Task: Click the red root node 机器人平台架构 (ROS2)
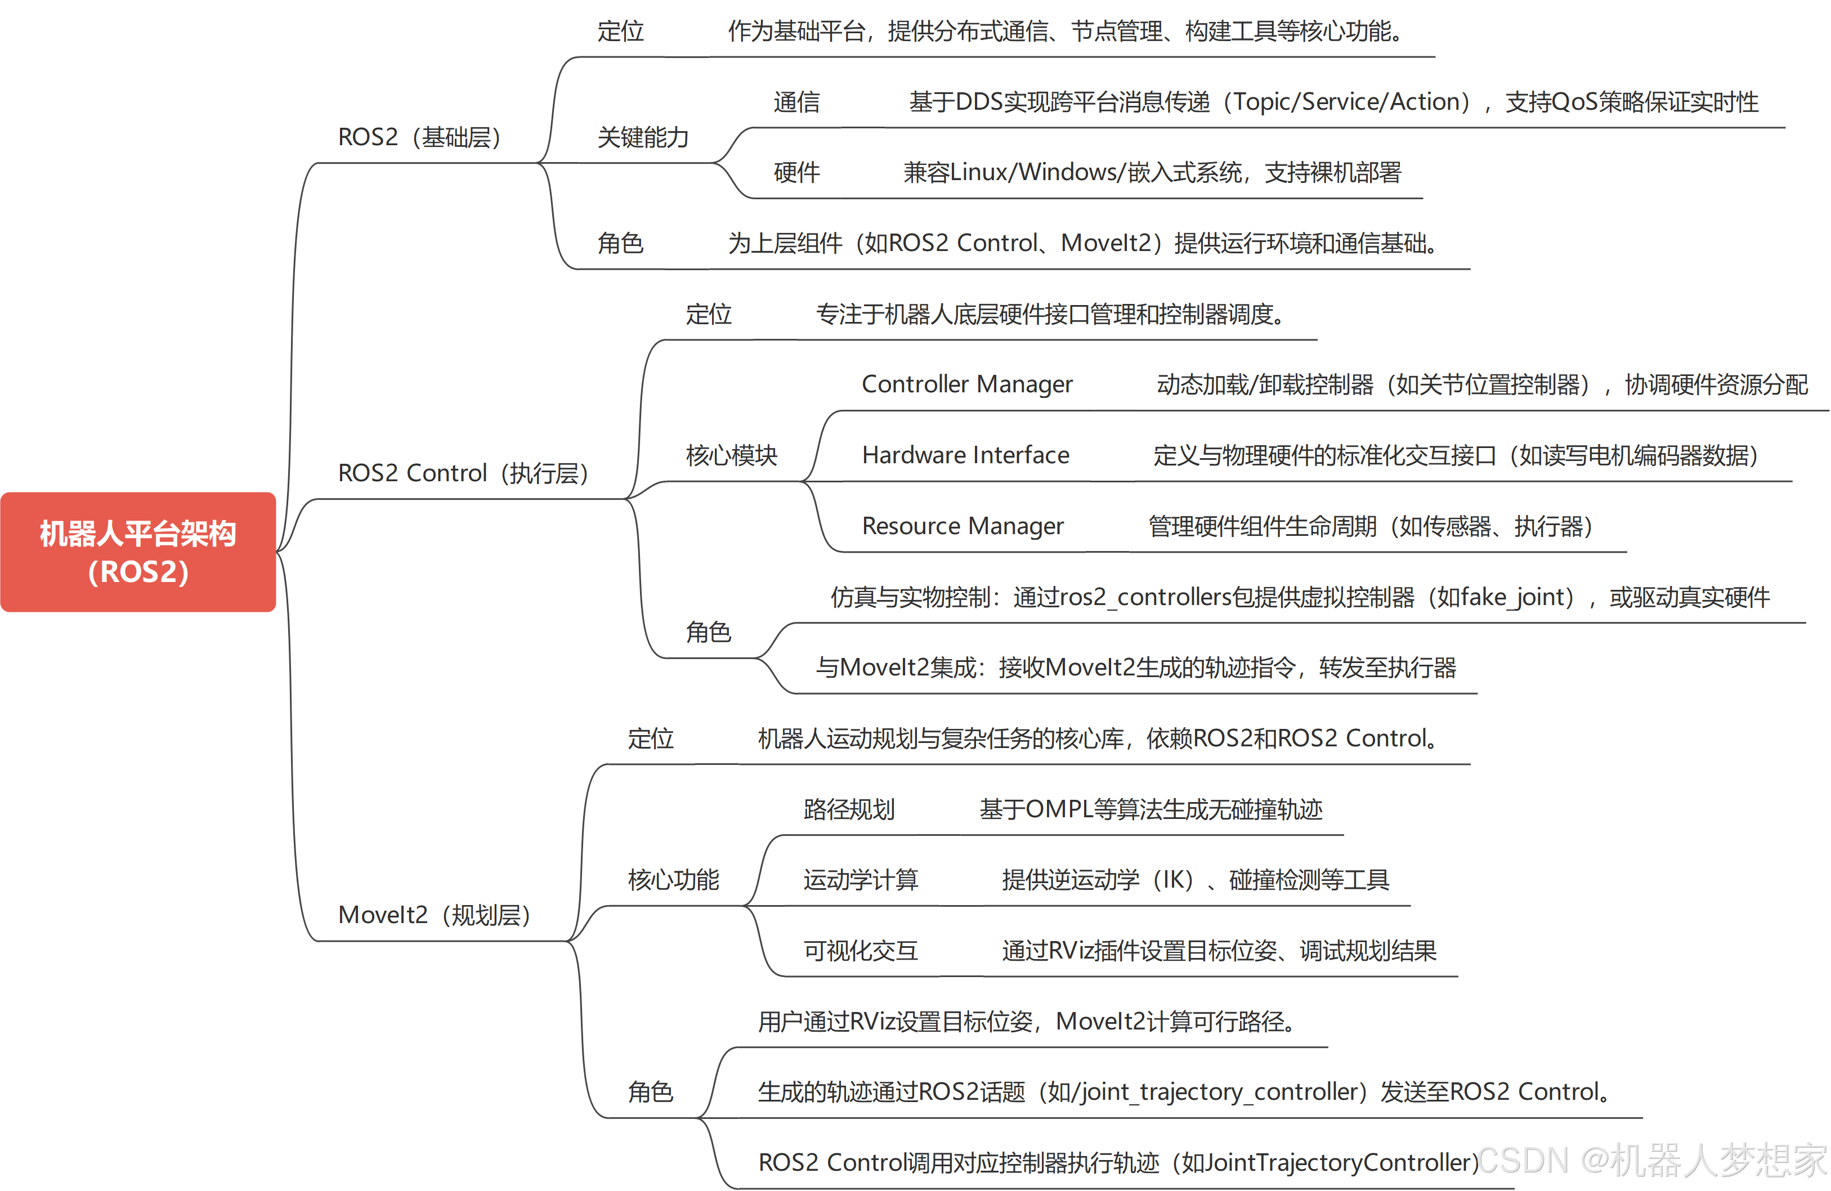click(138, 552)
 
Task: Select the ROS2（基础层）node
click(426, 136)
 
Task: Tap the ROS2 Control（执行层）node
click(469, 472)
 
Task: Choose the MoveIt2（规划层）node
click(441, 914)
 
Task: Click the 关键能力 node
click(643, 136)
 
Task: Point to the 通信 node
click(797, 101)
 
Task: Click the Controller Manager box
click(967, 383)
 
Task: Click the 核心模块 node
click(732, 454)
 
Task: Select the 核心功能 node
click(673, 879)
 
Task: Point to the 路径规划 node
click(849, 808)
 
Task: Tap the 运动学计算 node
click(861, 879)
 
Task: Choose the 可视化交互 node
click(861, 950)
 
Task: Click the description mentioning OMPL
click(1151, 808)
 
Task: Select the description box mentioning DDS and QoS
click(1334, 101)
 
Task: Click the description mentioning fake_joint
click(1300, 595)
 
